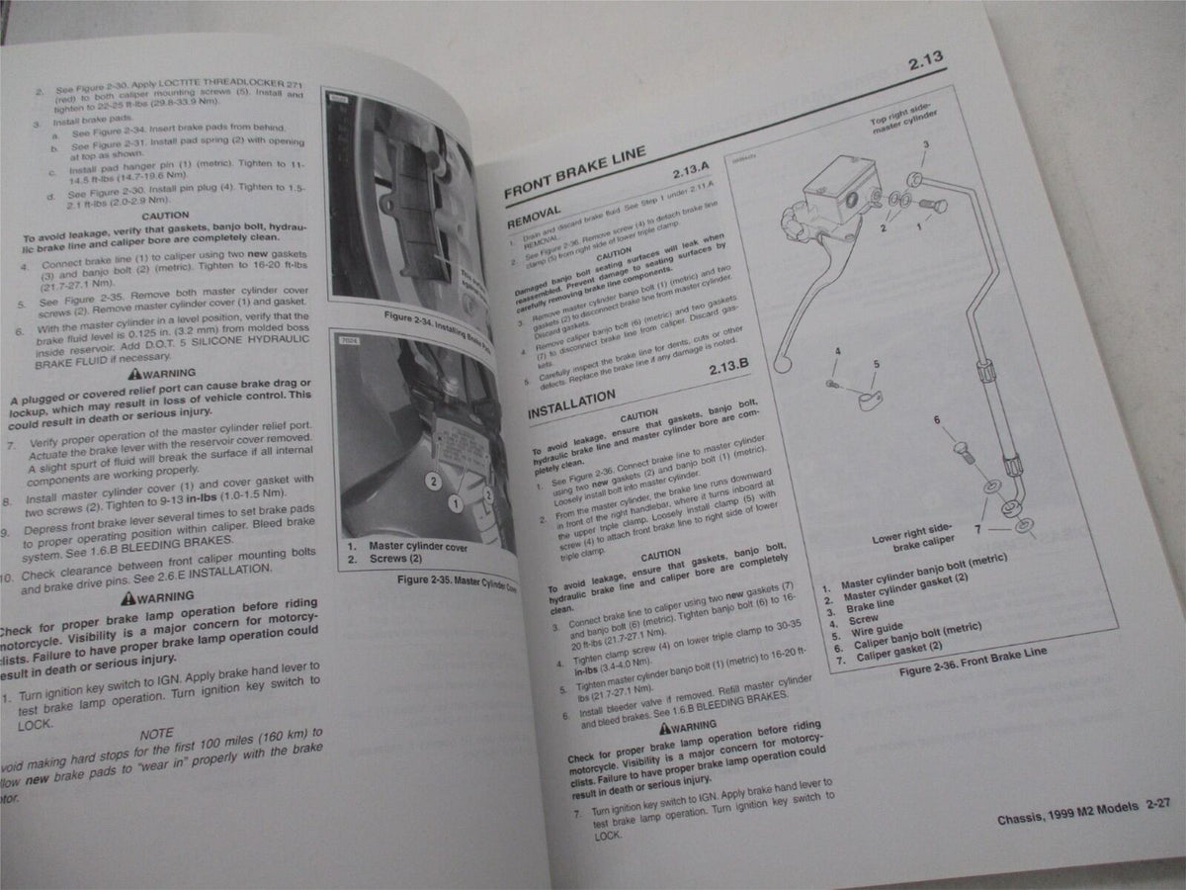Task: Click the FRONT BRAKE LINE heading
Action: (575, 173)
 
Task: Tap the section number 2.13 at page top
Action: (926, 65)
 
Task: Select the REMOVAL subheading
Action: (534, 217)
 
